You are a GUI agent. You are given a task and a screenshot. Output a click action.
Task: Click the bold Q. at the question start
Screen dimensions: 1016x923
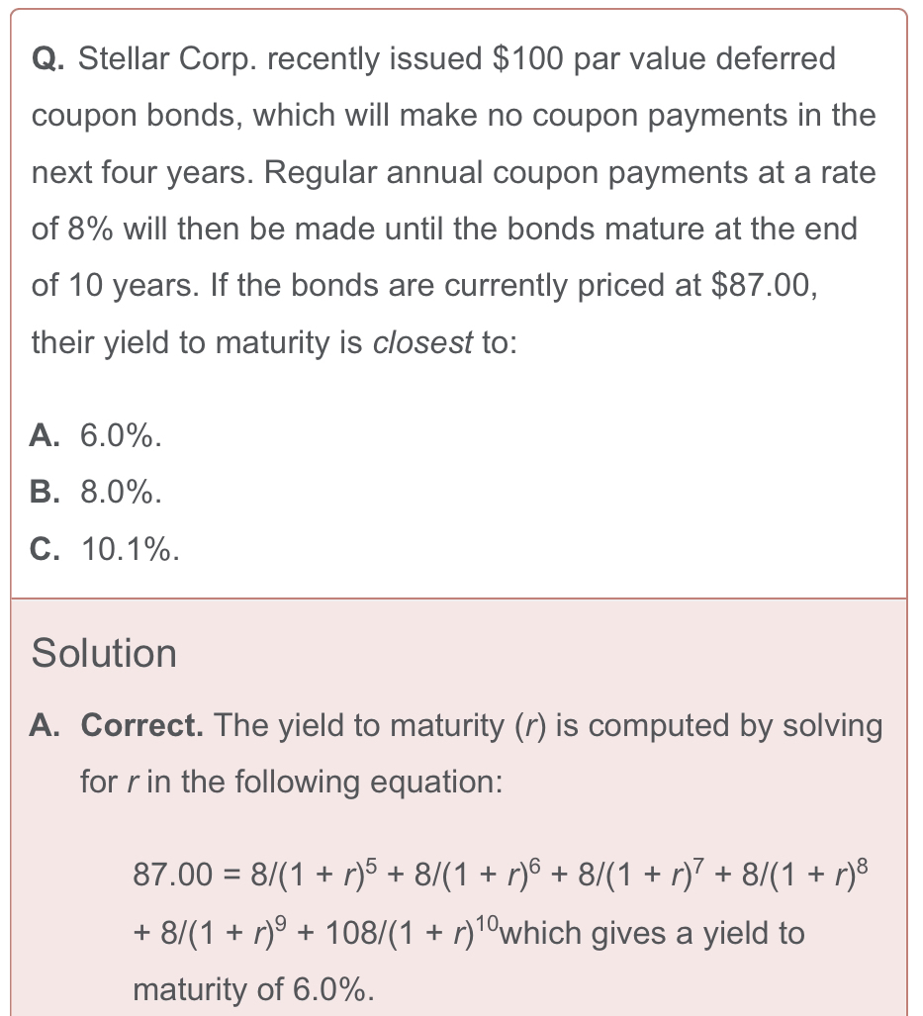point(47,59)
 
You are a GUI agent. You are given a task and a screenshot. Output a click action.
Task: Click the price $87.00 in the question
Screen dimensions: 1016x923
point(764,286)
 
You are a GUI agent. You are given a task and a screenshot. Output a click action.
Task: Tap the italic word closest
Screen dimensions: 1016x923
point(423,343)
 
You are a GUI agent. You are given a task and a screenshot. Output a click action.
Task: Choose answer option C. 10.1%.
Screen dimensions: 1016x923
point(105,549)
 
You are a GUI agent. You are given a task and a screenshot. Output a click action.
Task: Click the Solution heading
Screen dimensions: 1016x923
point(104,653)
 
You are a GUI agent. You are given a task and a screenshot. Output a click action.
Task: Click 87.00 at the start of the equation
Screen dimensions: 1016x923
point(173,875)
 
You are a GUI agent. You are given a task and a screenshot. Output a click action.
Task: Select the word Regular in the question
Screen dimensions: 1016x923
point(321,172)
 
